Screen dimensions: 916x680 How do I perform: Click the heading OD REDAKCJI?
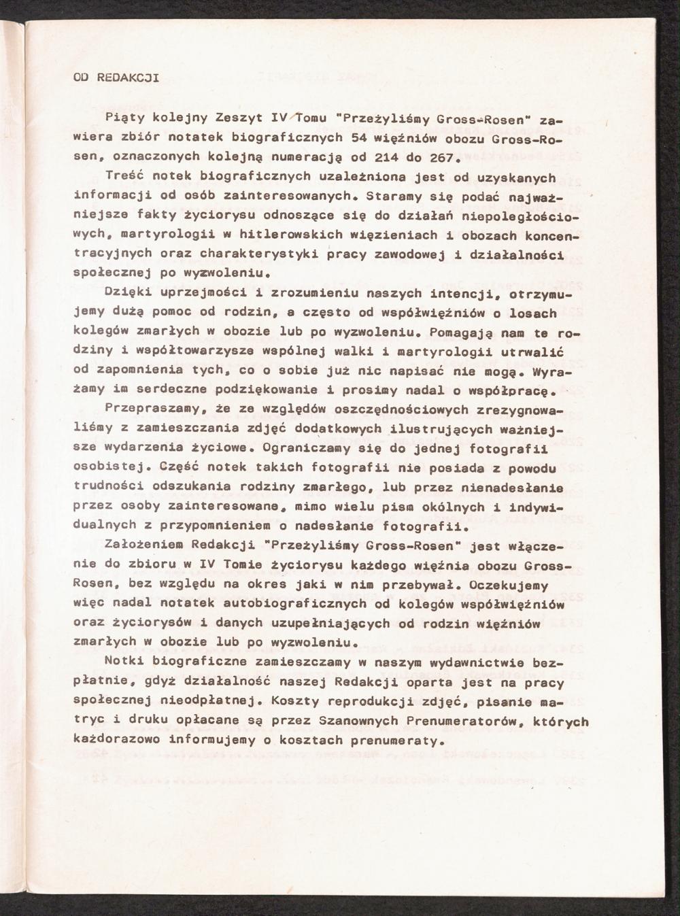116,77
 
